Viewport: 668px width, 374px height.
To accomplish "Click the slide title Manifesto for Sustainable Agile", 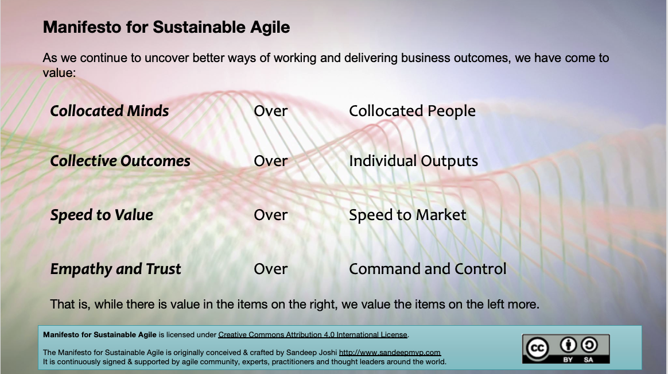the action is pyautogui.click(x=166, y=28).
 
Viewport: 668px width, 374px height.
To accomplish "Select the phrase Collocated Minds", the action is pyautogui.click(x=110, y=111).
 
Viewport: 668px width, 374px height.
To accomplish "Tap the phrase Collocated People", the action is pyautogui.click(x=412, y=111).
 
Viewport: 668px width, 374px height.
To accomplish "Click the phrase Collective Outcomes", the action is pyautogui.click(x=120, y=161).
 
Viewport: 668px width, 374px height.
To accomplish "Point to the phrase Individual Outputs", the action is pyautogui.click(x=413, y=161).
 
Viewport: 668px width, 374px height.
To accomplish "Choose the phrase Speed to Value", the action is pyautogui.click(x=102, y=215).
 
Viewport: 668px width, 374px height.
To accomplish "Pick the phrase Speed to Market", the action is pyautogui.click(x=407, y=215).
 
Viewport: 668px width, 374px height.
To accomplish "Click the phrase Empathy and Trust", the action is pyautogui.click(x=115, y=269).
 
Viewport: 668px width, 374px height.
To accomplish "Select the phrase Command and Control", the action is pyautogui.click(x=428, y=269).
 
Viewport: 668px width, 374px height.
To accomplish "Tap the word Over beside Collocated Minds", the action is pyautogui.click(x=270, y=111).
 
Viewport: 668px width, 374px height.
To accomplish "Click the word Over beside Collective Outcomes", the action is pyautogui.click(x=270, y=161).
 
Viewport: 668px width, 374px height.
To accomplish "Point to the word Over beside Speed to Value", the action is pyautogui.click(x=270, y=215).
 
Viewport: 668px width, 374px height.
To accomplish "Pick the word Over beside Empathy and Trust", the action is pyautogui.click(x=270, y=269).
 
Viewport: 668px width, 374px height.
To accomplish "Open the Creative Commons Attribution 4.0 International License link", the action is pyautogui.click(x=313, y=335).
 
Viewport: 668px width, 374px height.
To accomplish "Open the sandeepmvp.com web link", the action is pyautogui.click(x=390, y=353).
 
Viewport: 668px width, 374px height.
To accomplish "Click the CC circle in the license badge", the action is pyautogui.click(x=537, y=348).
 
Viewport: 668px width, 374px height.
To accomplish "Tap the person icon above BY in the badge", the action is pyautogui.click(x=568, y=345).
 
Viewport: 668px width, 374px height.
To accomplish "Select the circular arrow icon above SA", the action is pyautogui.click(x=589, y=345).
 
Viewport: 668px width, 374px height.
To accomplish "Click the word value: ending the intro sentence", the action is pyautogui.click(x=59, y=73).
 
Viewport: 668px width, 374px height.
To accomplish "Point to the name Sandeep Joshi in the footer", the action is pyautogui.click(x=312, y=353).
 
